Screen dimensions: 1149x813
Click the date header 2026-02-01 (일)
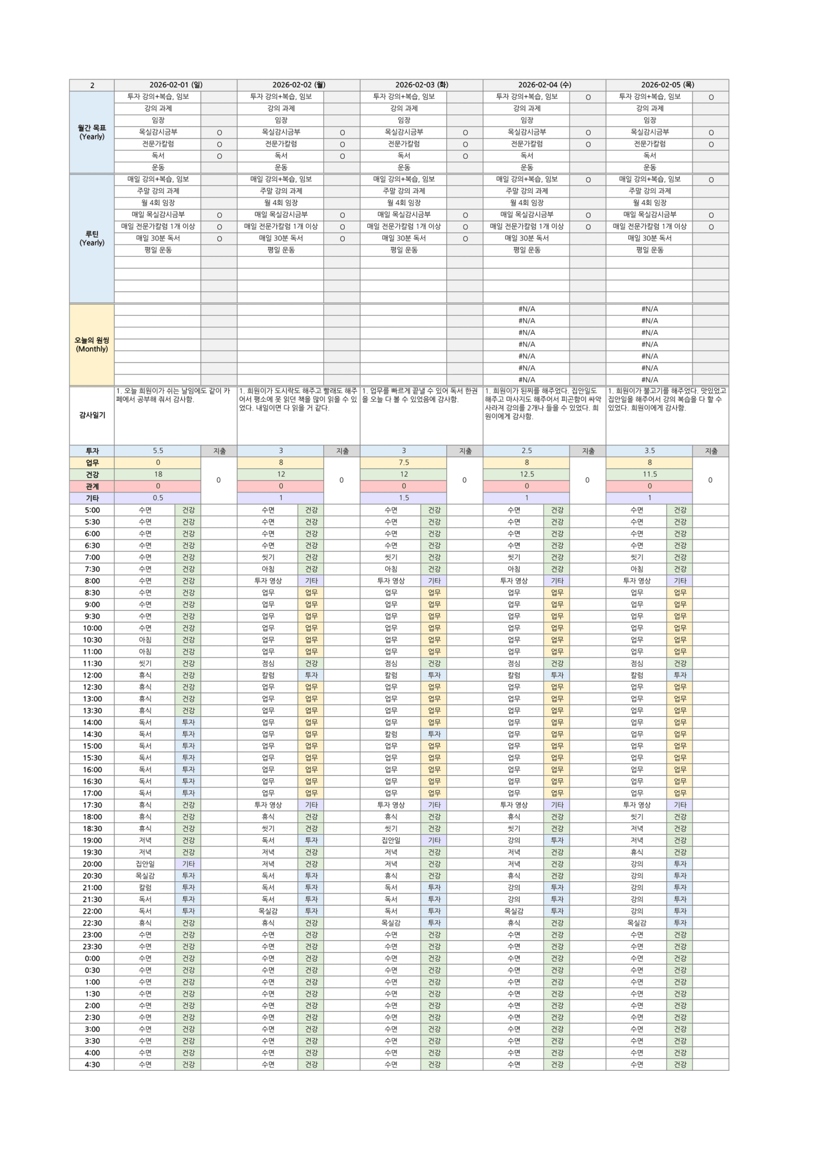[176, 85]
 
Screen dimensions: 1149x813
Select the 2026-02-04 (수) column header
[544, 85]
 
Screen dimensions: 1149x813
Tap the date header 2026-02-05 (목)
[667, 85]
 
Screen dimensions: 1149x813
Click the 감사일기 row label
[92, 415]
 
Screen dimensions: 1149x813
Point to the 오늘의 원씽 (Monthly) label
[92, 345]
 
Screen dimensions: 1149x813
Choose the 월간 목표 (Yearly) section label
[92, 132]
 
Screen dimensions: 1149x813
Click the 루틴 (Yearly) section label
[92, 238]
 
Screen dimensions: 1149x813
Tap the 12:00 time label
[92, 675]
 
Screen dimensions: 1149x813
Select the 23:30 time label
[92, 947]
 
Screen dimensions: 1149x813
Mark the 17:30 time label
[92, 805]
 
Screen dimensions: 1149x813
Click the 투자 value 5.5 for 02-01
[158, 451]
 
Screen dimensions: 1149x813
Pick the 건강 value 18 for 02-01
[158, 474]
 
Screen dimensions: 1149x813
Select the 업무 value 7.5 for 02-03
[403, 462]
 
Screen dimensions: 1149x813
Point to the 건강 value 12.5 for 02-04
[526, 474]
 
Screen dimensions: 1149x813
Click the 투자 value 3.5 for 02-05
[649, 451]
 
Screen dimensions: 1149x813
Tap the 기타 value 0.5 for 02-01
[158, 498]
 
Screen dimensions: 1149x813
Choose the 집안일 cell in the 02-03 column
[391, 840]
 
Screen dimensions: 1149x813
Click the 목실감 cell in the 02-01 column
[145, 876]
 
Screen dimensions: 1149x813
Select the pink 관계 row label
[92, 486]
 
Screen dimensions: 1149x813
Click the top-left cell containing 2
[92, 85]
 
